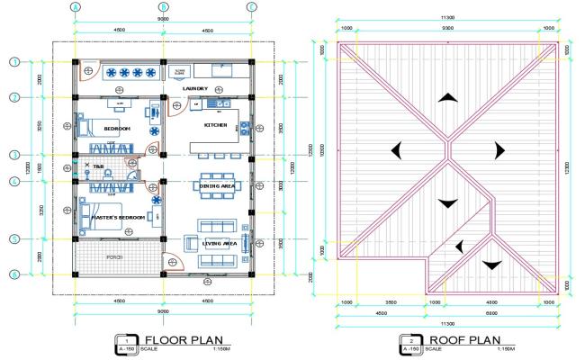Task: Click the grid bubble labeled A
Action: (76, 6)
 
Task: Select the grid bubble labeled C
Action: (251, 6)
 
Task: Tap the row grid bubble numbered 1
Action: (14, 62)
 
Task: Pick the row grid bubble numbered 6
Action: (14, 274)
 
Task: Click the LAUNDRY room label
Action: (195, 88)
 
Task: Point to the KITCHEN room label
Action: (216, 125)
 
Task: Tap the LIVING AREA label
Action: (219, 243)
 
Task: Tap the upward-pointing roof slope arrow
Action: (447, 98)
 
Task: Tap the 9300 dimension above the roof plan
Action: (447, 28)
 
